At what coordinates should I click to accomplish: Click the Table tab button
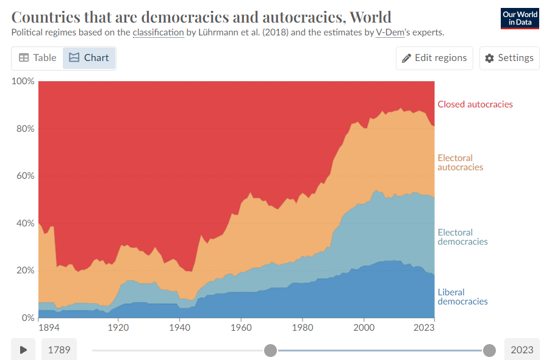pyautogui.click(x=37, y=58)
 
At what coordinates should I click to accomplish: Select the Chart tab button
pyautogui.click(x=89, y=58)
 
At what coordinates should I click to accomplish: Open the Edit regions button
pyautogui.click(x=434, y=58)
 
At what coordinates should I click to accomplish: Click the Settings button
pyautogui.click(x=509, y=58)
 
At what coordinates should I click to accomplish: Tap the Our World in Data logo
pyautogui.click(x=520, y=18)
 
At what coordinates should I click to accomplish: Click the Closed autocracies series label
pyautogui.click(x=475, y=104)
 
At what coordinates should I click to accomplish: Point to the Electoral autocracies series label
pyautogui.click(x=460, y=162)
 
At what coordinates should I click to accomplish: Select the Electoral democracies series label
pyautogui.click(x=462, y=237)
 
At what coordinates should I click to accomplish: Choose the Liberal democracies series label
pyautogui.click(x=462, y=297)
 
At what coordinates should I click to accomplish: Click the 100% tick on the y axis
pyautogui.click(x=23, y=82)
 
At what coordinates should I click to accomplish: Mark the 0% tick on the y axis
pyautogui.click(x=27, y=318)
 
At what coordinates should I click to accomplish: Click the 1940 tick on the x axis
pyautogui.click(x=179, y=327)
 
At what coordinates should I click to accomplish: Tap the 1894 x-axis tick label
pyautogui.click(x=48, y=327)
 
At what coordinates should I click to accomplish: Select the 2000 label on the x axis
pyautogui.click(x=364, y=327)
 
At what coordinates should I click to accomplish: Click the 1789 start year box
pyautogui.click(x=59, y=350)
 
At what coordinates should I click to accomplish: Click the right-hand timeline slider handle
pyautogui.click(x=489, y=350)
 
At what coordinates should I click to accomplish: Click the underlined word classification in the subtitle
pyautogui.click(x=158, y=32)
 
